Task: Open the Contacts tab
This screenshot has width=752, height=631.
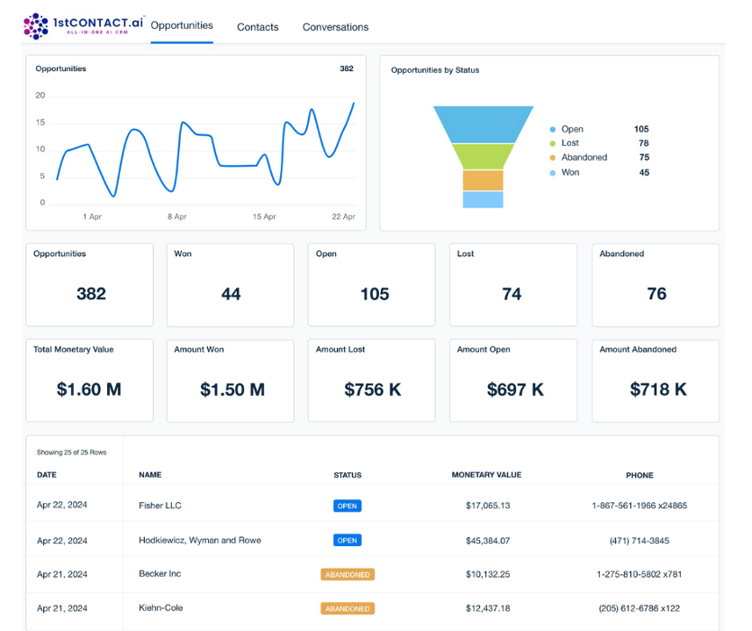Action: point(258,27)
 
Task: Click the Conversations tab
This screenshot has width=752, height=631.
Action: point(335,27)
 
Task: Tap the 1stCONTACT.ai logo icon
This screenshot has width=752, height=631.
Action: point(36,26)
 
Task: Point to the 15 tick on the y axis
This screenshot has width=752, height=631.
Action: point(41,123)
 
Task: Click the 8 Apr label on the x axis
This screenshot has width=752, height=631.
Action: point(177,216)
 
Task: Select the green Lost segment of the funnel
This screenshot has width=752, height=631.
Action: point(483,156)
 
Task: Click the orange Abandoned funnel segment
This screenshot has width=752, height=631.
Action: point(483,180)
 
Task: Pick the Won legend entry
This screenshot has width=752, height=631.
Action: point(565,172)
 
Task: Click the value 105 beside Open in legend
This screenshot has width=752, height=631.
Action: point(641,129)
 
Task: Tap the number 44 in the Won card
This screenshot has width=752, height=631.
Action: point(231,294)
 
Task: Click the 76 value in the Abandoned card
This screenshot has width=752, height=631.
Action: point(657,293)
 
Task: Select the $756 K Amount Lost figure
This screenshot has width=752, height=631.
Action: point(373,389)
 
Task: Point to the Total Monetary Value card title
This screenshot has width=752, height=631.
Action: point(73,350)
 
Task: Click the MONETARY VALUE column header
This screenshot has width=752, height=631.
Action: point(486,475)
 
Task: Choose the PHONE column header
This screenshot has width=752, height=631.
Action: point(639,475)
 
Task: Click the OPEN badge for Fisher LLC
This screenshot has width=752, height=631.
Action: point(348,506)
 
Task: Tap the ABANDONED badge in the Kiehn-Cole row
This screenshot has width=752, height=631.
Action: point(348,608)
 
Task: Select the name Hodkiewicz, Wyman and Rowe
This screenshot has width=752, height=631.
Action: point(200,540)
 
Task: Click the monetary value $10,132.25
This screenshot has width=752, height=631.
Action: point(488,574)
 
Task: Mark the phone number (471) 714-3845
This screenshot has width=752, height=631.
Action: point(639,541)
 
